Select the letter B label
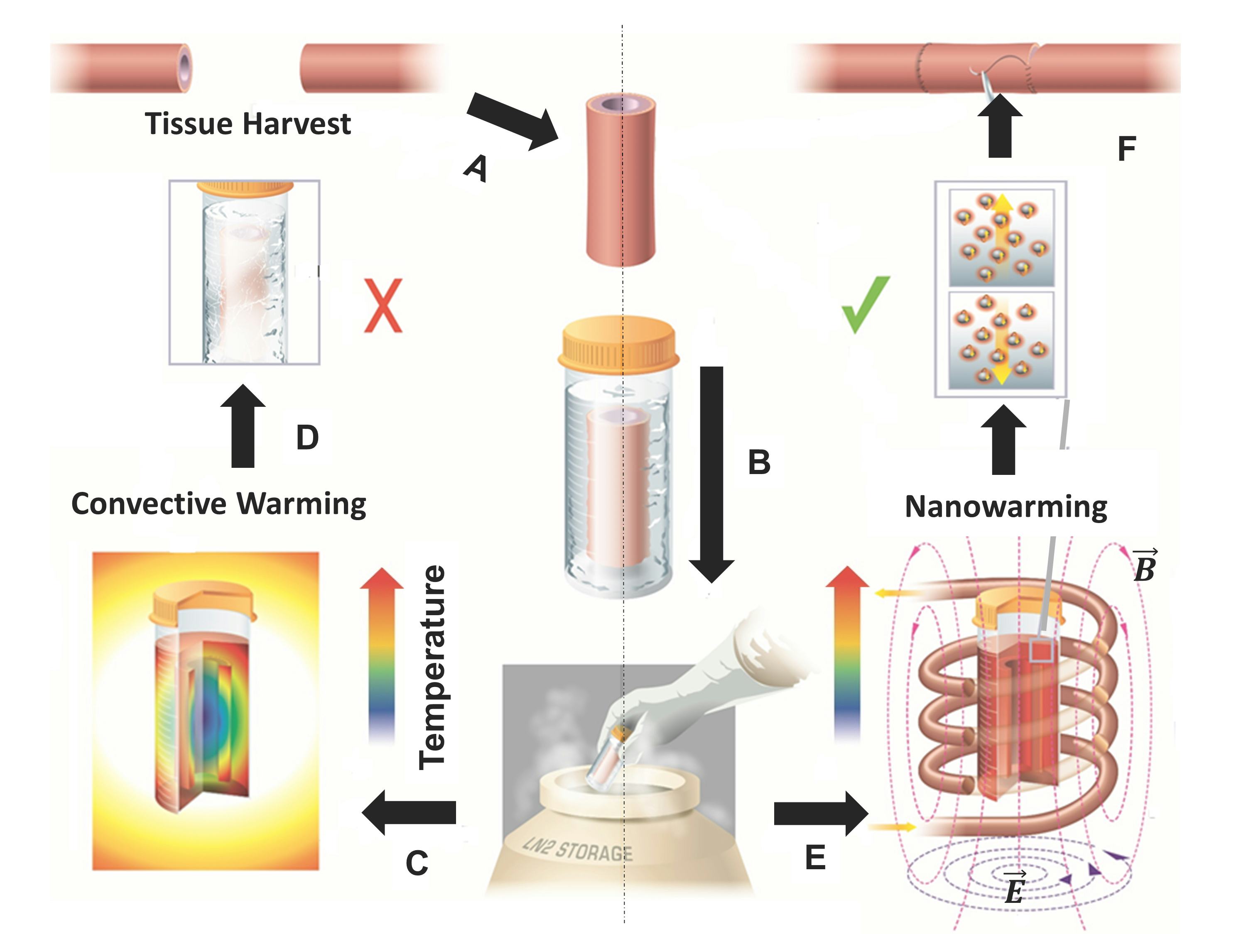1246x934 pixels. coord(759,462)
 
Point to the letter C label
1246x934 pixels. coord(417,863)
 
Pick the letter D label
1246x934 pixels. coord(308,438)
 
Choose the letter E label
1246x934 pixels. coord(815,858)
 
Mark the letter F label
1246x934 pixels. coord(1126,149)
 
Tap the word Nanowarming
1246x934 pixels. coord(1006,507)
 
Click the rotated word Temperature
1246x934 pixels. coord(433,667)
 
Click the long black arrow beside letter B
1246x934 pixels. coord(712,473)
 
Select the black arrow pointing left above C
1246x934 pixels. coord(410,812)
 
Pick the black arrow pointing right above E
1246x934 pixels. coord(819,813)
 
